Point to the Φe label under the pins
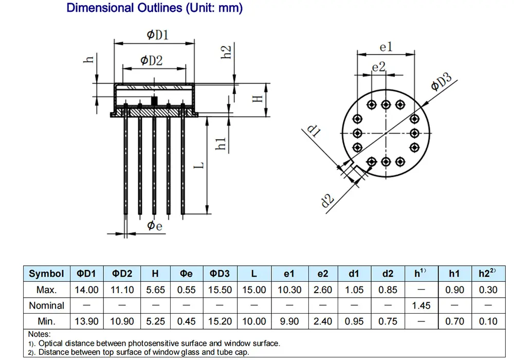click(155, 226)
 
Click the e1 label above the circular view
click(386, 47)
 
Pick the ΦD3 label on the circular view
click(441, 82)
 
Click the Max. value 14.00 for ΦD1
click(86, 290)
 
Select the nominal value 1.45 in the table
click(421, 305)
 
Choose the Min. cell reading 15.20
click(220, 321)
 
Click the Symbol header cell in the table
click(46, 274)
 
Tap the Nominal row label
click(46, 305)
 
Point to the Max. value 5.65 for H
click(156, 290)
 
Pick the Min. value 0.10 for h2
click(488, 321)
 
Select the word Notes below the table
click(39, 334)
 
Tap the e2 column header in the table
click(323, 274)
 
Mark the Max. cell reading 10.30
click(289, 290)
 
